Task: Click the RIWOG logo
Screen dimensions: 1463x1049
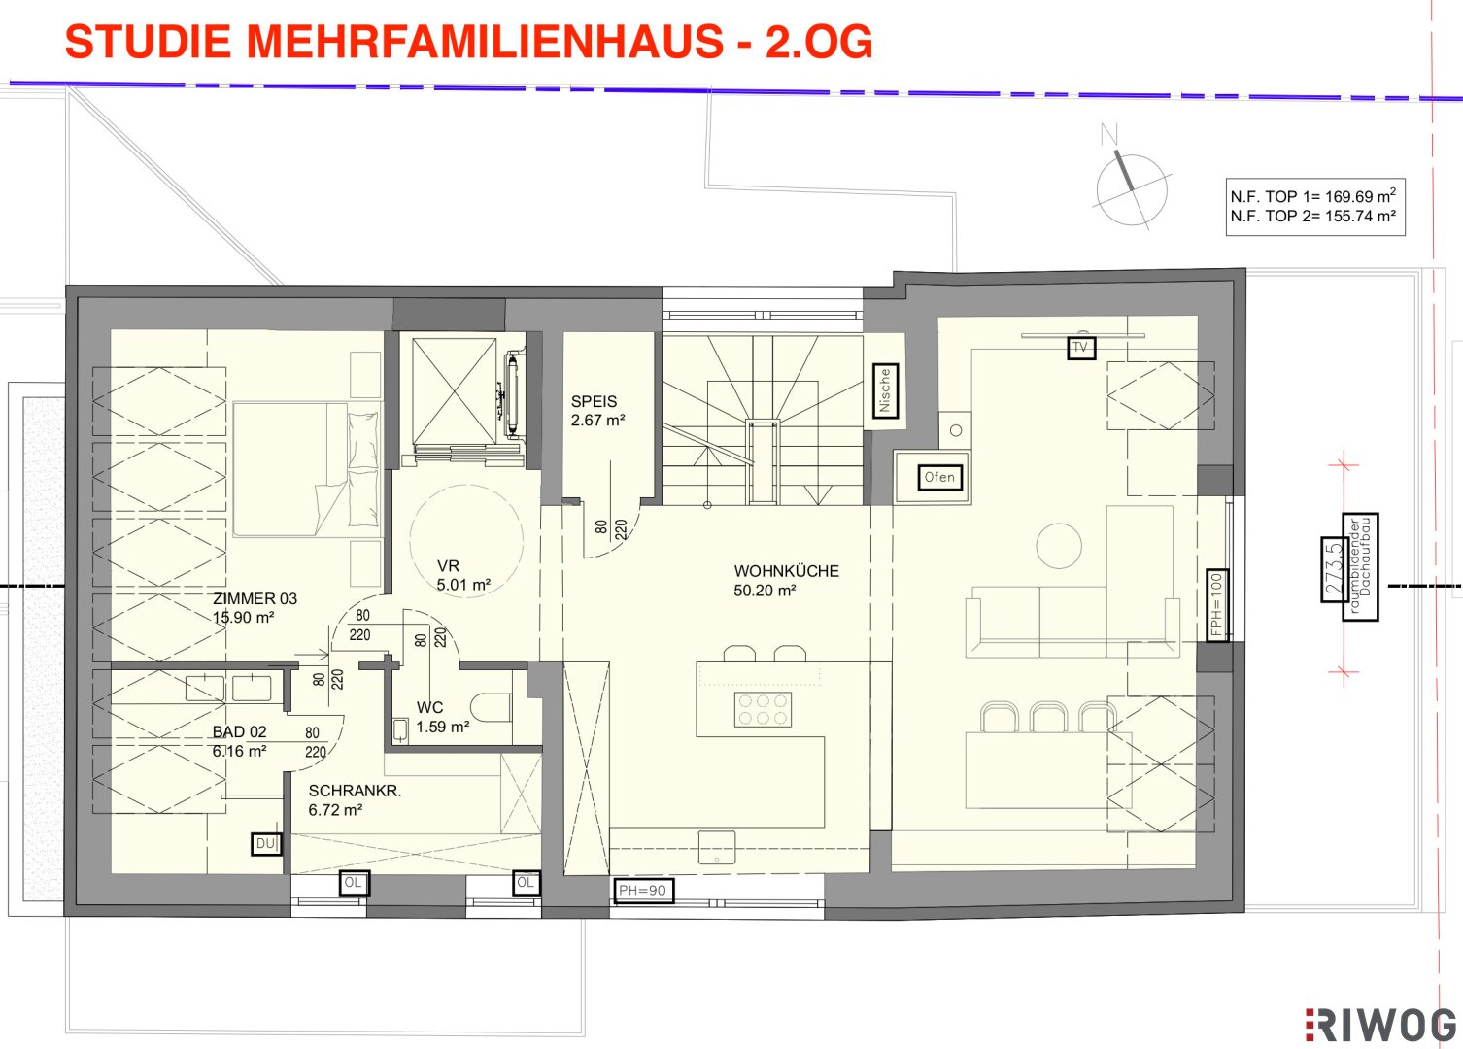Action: (1380, 1026)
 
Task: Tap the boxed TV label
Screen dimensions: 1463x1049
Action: (1081, 348)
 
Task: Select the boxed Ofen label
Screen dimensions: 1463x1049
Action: (939, 478)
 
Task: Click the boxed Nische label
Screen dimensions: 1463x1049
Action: (885, 390)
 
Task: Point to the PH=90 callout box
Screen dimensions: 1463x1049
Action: (643, 891)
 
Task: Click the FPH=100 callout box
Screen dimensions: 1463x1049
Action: (1216, 604)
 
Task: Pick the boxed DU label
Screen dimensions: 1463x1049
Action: (266, 844)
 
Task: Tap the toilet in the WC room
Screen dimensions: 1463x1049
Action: (491, 707)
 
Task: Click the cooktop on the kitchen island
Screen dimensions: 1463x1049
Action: (763, 709)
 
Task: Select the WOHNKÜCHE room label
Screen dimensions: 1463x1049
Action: (786, 571)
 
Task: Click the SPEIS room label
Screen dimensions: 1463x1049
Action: (594, 401)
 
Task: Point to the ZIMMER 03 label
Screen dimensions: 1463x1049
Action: (255, 598)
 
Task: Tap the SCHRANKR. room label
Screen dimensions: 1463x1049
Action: (355, 791)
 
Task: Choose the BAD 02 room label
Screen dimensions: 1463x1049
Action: (239, 731)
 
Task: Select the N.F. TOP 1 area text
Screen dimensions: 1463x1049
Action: (1313, 196)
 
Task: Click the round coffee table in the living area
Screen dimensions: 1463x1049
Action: (1059, 546)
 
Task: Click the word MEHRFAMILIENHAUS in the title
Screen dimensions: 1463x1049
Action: (485, 41)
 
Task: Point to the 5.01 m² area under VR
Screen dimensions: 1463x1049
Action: (463, 585)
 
